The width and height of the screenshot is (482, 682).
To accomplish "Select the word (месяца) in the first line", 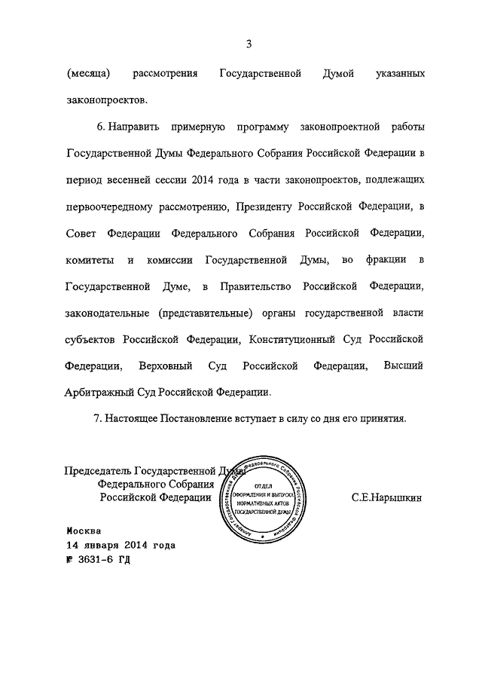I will pos(89,75).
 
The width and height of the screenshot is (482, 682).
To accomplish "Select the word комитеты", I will pos(90,260).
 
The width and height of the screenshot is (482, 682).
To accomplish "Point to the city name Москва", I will pos(83,531).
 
